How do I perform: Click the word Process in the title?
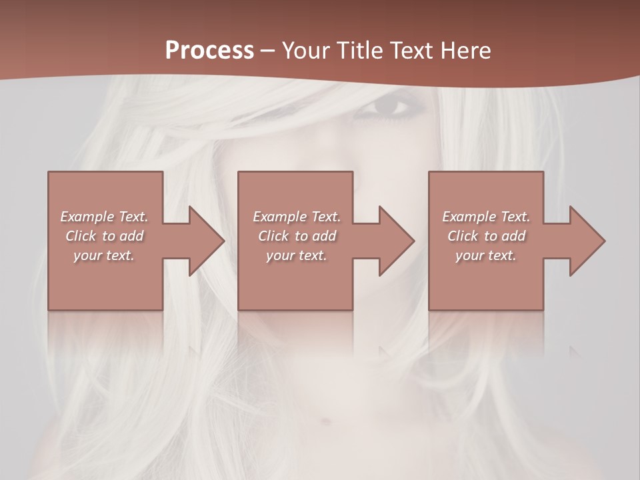click(x=209, y=51)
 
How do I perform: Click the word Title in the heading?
click(x=359, y=51)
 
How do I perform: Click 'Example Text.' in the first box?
click(x=104, y=217)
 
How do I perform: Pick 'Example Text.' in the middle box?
click(x=296, y=217)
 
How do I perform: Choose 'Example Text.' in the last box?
click(x=486, y=217)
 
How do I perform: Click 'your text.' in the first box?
click(x=104, y=255)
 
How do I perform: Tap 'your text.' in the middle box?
click(x=296, y=255)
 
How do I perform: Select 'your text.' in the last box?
click(x=486, y=255)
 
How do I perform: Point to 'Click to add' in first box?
click(x=104, y=236)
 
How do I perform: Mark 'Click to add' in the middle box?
click(x=296, y=236)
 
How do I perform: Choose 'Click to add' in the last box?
click(x=486, y=236)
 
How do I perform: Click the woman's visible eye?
click(x=389, y=107)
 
